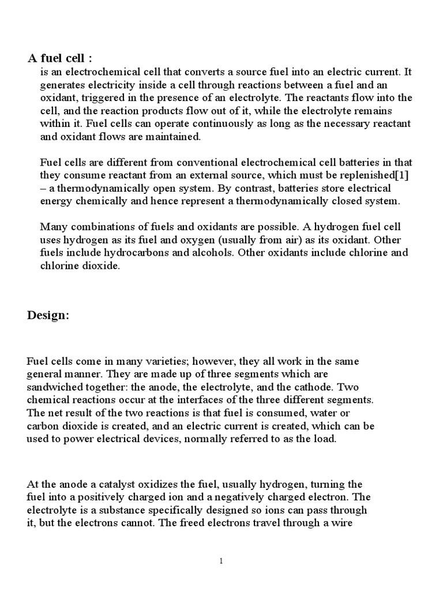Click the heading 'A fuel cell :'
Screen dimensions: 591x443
(x=60, y=58)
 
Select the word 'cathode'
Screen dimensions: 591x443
(x=357, y=387)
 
